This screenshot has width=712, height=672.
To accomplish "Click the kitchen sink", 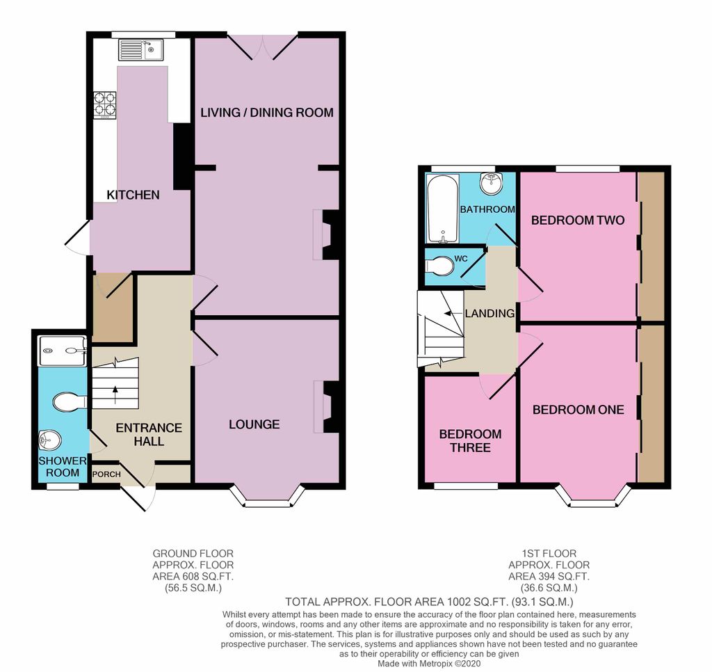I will click(140, 50).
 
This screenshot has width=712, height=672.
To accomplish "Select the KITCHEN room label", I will click(133, 195).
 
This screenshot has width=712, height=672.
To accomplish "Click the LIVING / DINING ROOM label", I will click(267, 112).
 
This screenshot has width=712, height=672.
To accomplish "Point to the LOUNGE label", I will click(254, 424).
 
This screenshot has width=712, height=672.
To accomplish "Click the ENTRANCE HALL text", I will click(149, 434).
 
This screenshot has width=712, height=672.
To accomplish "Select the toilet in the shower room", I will click(69, 401).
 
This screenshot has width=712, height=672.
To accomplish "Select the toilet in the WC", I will click(438, 267).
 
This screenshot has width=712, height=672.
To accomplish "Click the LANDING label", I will click(489, 314).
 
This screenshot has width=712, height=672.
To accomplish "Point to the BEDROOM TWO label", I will click(578, 221).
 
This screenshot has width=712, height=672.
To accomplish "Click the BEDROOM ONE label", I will click(578, 410).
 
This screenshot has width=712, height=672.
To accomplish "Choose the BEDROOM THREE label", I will click(470, 440).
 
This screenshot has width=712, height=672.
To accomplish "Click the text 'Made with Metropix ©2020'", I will click(428, 664).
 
